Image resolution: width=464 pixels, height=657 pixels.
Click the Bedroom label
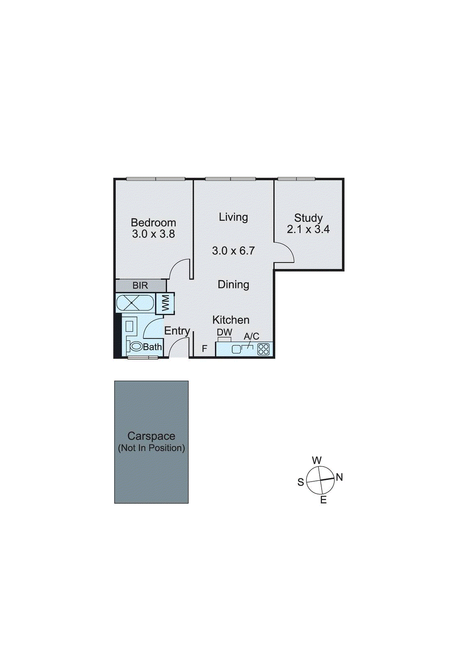pyautogui.click(x=153, y=223)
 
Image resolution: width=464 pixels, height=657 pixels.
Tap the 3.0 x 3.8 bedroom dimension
pyautogui.click(x=153, y=234)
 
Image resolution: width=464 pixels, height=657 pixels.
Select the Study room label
pyautogui.click(x=308, y=218)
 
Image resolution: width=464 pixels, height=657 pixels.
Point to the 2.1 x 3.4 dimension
pyautogui.click(x=308, y=230)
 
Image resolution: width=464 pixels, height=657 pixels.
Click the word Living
pyautogui.click(x=233, y=217)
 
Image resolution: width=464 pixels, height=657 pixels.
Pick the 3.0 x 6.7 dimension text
pyautogui.click(x=233, y=250)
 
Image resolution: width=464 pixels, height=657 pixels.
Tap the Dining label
pyautogui.click(x=233, y=285)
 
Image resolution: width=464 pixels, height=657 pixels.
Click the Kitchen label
pyautogui.click(x=231, y=320)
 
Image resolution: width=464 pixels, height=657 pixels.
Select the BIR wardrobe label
pyautogui.click(x=140, y=285)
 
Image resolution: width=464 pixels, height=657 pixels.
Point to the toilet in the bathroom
pyautogui.click(x=135, y=347)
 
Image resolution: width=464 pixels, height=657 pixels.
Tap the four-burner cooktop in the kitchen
pyautogui.click(x=263, y=349)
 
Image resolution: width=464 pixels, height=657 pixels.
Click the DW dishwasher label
pyautogui.click(x=224, y=332)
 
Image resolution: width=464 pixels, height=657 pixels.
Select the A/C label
pyautogui.click(x=251, y=336)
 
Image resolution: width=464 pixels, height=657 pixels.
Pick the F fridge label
pyautogui.click(x=205, y=349)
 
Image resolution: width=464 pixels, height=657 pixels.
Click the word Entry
pyautogui.click(x=177, y=331)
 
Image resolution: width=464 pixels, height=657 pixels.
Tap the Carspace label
pyautogui.click(x=151, y=436)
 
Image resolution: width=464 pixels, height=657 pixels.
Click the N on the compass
pyautogui.click(x=339, y=477)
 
